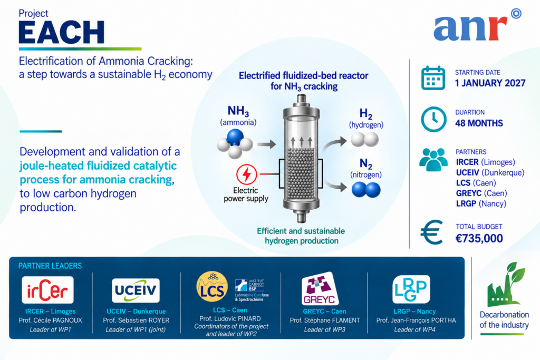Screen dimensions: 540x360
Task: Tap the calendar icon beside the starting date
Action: click(433, 78)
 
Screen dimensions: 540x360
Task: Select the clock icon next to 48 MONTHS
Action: click(433, 120)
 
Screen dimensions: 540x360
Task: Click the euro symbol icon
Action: click(431, 232)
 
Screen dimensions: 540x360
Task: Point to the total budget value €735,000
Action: click(479, 238)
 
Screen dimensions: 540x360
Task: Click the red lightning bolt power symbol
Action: click(247, 174)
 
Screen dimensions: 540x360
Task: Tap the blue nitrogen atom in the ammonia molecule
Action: click(235, 138)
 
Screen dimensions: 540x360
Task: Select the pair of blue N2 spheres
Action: click(366, 190)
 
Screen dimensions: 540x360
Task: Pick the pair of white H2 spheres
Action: click(365, 140)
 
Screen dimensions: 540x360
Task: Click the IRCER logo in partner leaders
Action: click(47, 290)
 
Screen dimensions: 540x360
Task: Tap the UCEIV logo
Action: click(136, 290)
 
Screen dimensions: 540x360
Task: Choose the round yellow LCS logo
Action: click(212, 287)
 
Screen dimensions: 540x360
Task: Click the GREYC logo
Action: click(320, 289)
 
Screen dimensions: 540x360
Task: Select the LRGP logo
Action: click(411, 289)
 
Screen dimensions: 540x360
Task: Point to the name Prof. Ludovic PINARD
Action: click(230, 319)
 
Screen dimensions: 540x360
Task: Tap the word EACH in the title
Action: click(62, 32)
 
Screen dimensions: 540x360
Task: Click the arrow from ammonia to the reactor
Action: click(266, 144)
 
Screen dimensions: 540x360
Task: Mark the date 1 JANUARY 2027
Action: click(490, 83)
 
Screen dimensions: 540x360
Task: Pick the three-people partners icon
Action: click(433, 160)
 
